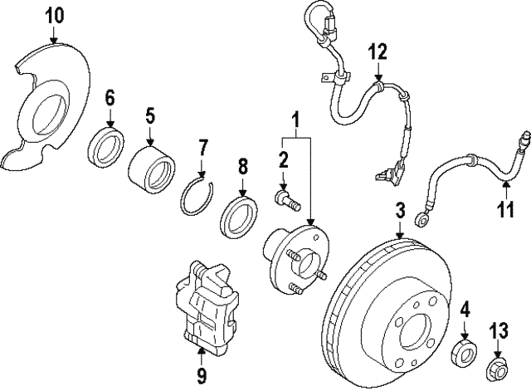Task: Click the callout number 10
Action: (53, 15)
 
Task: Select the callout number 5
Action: (149, 114)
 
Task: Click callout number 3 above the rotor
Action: (400, 212)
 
